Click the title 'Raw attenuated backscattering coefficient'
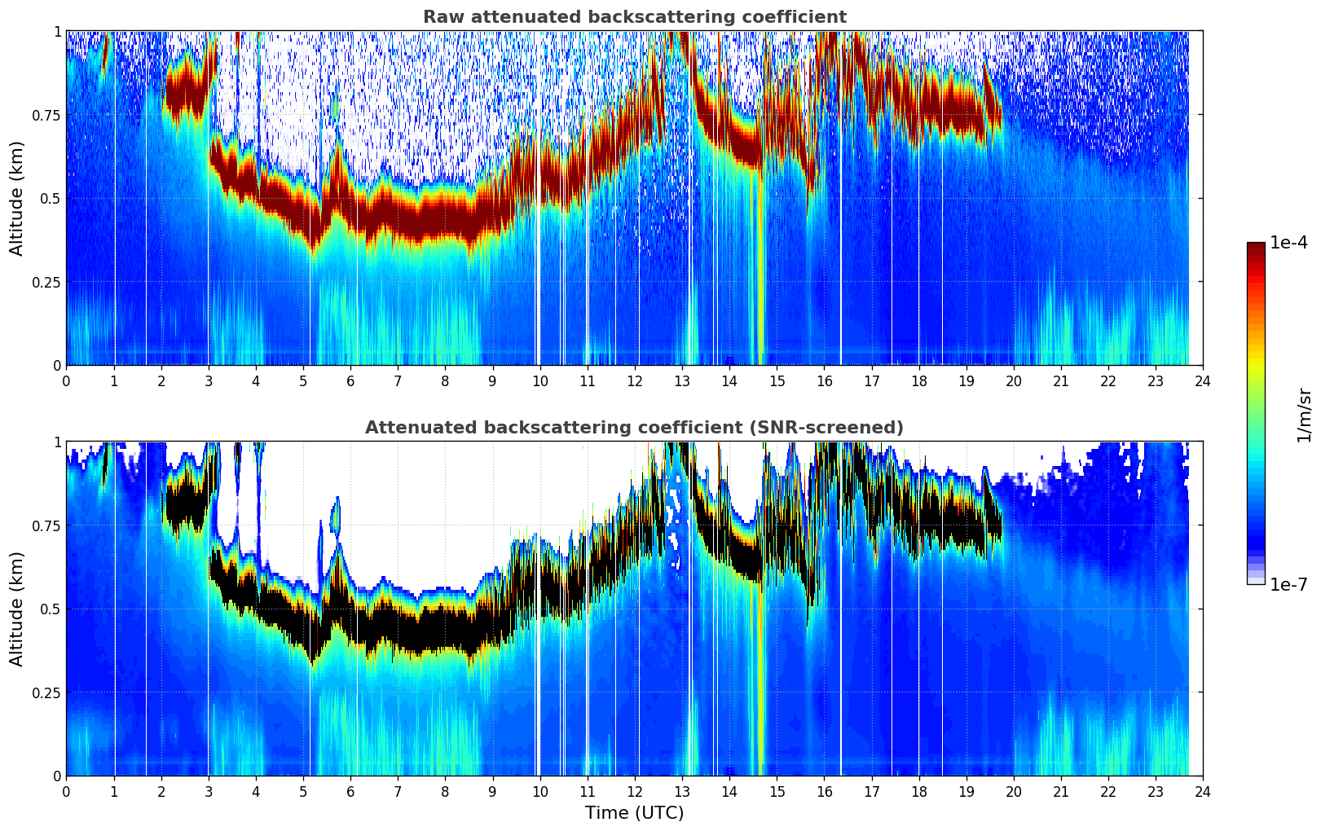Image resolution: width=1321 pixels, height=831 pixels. click(634, 17)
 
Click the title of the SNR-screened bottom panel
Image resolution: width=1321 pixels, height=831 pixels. click(634, 428)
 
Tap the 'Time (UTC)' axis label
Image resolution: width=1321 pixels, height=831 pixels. click(634, 813)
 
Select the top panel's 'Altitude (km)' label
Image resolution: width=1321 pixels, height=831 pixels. click(17, 198)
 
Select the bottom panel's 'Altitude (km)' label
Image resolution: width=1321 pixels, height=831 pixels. click(17, 609)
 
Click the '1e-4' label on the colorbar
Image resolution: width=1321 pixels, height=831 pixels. click(1288, 243)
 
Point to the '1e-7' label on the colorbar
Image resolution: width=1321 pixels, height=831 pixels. click(1288, 584)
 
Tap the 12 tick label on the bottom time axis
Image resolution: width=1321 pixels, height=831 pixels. click(635, 791)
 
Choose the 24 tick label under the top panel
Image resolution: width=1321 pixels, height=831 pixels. click(1203, 380)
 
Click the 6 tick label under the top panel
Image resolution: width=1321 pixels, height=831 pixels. click(350, 380)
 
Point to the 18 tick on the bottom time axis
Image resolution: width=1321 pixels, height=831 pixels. click(918, 791)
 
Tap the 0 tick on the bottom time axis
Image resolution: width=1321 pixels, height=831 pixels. click(66, 791)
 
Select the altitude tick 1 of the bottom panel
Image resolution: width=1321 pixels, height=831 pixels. click(57, 442)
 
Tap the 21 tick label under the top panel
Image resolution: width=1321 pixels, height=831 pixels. click(1061, 380)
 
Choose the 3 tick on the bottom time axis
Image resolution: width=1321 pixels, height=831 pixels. click(209, 791)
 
